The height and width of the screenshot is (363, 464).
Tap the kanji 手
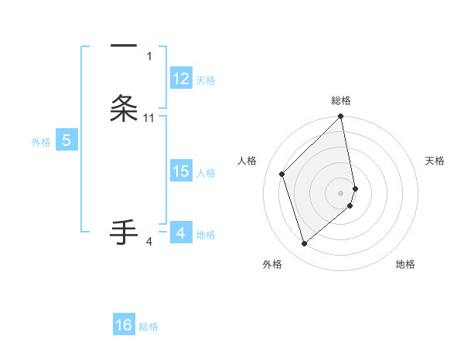click(x=124, y=232)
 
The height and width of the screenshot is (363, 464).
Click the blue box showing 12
click(x=181, y=79)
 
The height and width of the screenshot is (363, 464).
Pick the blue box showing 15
click(x=181, y=171)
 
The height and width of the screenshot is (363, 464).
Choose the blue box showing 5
click(x=67, y=141)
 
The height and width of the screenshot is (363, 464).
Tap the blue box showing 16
click(x=124, y=325)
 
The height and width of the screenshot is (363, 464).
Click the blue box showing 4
click(x=180, y=232)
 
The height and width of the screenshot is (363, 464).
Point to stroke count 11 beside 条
click(x=149, y=117)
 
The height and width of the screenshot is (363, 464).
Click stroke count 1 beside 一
click(x=149, y=56)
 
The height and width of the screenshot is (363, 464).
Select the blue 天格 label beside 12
click(x=206, y=80)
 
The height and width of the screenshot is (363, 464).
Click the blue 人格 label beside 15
click(x=206, y=173)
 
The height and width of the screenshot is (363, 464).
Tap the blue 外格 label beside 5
click(x=41, y=141)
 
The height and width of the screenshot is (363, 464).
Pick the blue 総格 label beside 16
click(x=148, y=327)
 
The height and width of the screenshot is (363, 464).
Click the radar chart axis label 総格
click(x=341, y=100)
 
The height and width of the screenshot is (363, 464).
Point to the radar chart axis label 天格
click(x=435, y=161)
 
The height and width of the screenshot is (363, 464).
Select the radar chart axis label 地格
click(x=405, y=265)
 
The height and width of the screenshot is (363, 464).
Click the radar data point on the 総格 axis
click(x=341, y=117)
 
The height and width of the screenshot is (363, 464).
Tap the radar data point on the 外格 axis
click(x=304, y=244)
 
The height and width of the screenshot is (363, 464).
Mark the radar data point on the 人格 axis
click(x=282, y=174)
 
